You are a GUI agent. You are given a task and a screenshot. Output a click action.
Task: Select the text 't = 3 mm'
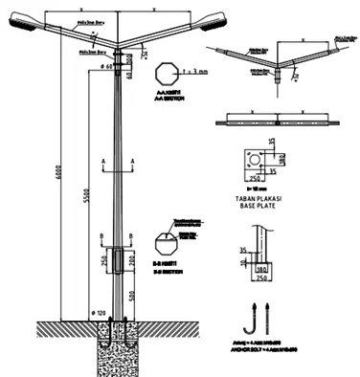point(195,71)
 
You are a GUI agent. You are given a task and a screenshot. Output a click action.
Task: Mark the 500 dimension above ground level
point(132,296)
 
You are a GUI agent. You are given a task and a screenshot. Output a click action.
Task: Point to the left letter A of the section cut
point(100,153)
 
